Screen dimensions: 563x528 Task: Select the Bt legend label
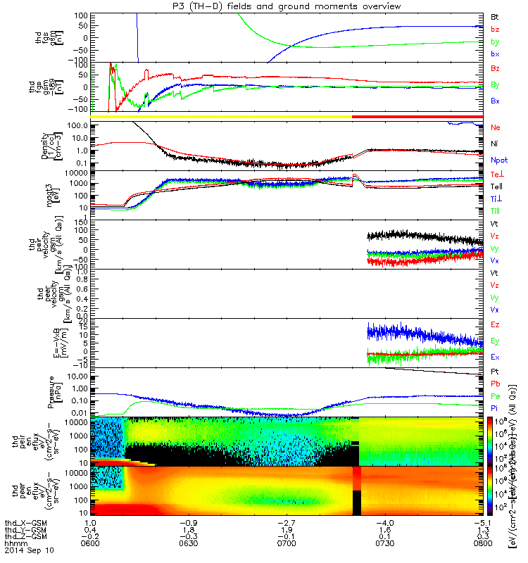coord(495,15)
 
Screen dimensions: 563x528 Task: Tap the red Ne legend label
coord(495,127)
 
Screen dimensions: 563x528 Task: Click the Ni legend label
coord(495,144)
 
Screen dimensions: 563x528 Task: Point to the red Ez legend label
coord(495,324)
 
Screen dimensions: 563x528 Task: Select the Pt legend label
coord(495,371)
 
